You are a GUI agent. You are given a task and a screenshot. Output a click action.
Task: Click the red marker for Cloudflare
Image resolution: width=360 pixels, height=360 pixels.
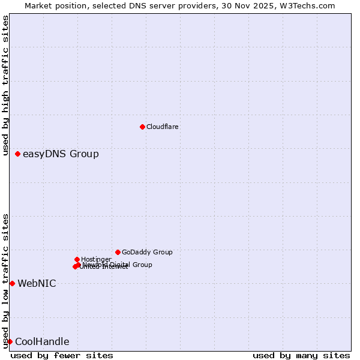tap(142, 127)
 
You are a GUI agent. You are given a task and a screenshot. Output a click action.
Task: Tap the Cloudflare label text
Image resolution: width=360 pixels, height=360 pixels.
tap(162, 127)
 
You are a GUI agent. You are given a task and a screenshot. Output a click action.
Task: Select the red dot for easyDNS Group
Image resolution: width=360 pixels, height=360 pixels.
tap(17, 154)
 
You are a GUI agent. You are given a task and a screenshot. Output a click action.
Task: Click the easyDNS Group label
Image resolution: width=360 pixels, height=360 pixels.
tap(61, 154)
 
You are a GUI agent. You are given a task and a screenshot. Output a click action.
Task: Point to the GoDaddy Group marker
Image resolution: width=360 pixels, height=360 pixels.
tap(118, 252)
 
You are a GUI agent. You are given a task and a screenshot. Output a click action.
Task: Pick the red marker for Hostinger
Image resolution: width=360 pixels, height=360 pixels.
tap(77, 259)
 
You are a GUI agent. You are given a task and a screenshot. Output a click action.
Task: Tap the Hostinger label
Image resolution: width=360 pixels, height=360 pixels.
tap(96, 259)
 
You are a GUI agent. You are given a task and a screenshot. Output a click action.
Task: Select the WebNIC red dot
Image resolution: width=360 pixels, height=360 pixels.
tap(12, 283)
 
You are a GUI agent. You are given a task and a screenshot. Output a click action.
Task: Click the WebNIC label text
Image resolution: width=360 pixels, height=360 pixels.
tap(37, 283)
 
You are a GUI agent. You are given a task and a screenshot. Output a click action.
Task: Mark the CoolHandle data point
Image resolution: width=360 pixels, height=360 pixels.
tap(10, 341)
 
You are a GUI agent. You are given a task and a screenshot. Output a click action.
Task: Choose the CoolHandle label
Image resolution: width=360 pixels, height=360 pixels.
tap(42, 341)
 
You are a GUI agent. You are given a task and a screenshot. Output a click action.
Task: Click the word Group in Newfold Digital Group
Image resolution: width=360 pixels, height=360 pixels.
tap(142, 265)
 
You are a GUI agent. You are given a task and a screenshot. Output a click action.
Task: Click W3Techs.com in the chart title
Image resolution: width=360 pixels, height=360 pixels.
tap(309, 6)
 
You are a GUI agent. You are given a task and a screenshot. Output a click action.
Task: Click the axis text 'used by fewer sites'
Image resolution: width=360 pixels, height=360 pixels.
tap(62, 355)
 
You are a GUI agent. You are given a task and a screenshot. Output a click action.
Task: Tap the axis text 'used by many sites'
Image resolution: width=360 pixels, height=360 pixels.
tap(301, 355)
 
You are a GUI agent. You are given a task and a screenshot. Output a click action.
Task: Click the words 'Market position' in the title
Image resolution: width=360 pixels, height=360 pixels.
tap(52, 6)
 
